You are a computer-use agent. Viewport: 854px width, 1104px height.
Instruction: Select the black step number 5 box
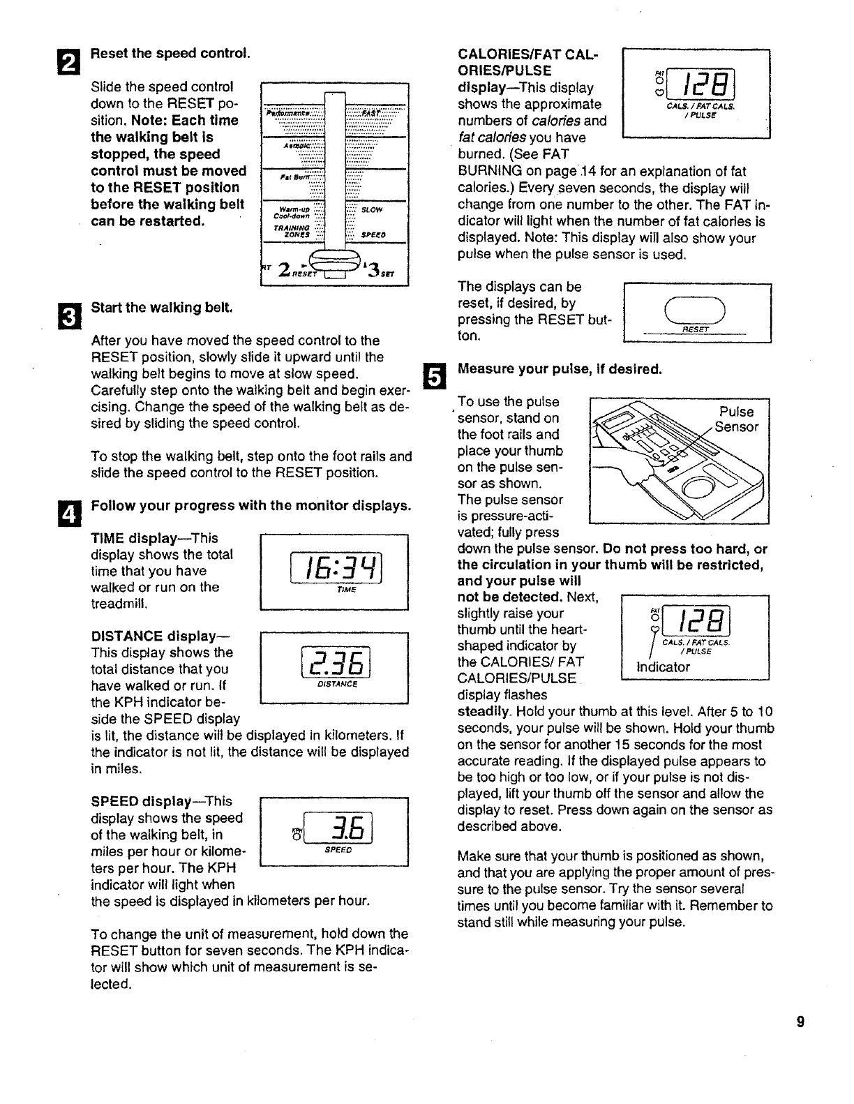(433, 377)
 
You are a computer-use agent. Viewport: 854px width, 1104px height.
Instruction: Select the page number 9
(800, 1022)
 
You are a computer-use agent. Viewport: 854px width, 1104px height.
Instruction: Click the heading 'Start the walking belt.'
(162, 308)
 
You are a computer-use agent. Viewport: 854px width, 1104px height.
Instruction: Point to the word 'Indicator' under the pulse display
(663, 666)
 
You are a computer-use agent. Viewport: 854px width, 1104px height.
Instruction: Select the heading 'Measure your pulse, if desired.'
(559, 368)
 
